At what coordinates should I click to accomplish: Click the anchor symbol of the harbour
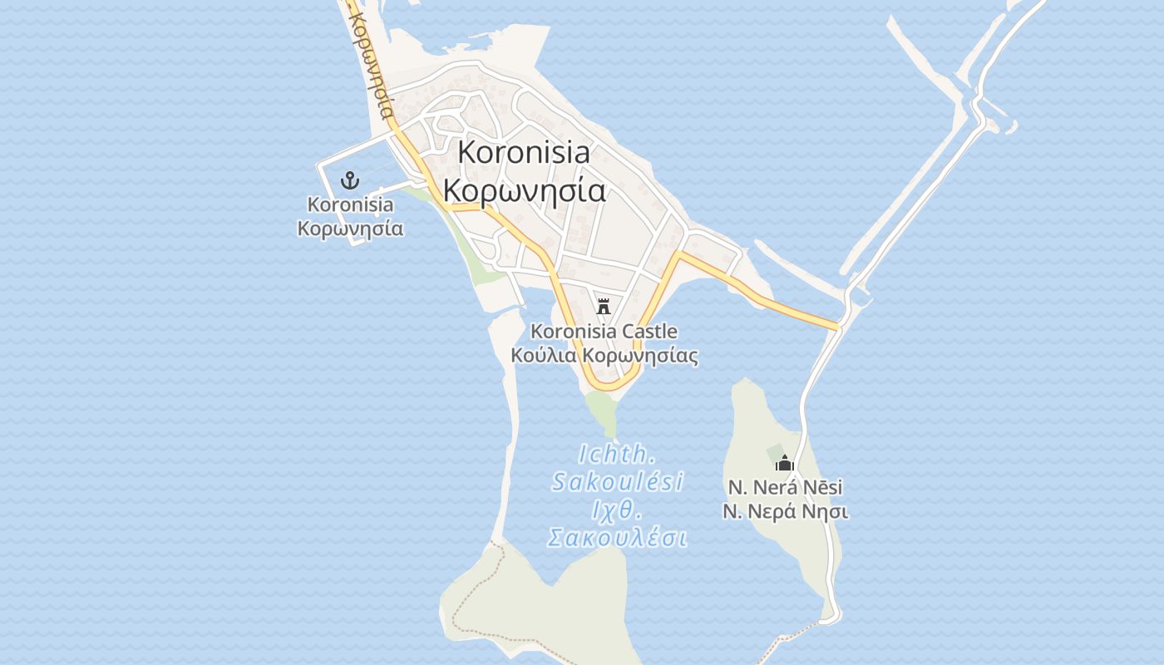(350, 180)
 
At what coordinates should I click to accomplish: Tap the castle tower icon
(604, 305)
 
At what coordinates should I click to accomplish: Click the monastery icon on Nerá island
(785, 464)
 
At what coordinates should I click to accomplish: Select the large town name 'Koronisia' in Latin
(524, 152)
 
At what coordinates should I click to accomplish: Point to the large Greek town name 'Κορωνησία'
(524, 190)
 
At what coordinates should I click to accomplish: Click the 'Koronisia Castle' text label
(604, 332)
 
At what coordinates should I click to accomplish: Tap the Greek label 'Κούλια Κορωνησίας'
(604, 357)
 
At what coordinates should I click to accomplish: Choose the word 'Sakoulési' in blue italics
(618, 481)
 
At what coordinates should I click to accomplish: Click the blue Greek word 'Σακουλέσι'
(618, 538)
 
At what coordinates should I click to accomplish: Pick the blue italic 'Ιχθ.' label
(618, 509)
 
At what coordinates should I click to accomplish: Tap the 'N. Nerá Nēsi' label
(785, 487)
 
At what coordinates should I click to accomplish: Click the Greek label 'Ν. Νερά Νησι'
(785, 511)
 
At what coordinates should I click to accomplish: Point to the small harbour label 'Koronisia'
(350, 204)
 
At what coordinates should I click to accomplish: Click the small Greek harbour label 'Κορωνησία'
(350, 229)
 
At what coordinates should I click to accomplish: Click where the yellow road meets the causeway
(838, 327)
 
